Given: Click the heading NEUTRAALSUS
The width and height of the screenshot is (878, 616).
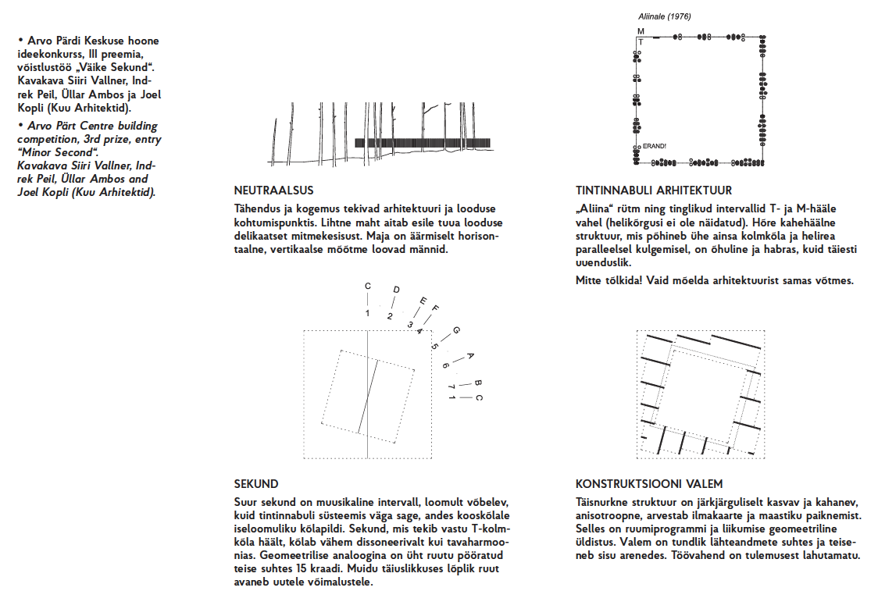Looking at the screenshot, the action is pyautogui.click(x=274, y=190).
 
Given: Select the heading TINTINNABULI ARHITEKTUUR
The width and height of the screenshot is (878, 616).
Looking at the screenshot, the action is pyautogui.click(x=654, y=190).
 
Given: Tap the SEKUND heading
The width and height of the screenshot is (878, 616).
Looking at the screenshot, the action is pyautogui.click(x=256, y=484).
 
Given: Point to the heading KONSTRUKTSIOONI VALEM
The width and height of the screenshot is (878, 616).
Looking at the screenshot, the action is pyautogui.click(x=649, y=484).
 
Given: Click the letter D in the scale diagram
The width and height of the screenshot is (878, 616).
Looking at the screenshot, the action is pyautogui.click(x=397, y=290).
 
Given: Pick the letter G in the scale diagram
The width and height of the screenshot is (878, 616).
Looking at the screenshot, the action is pyautogui.click(x=456, y=331).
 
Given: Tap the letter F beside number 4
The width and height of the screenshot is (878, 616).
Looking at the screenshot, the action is pyautogui.click(x=435, y=308).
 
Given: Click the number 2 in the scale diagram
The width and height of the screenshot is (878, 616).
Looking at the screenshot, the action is pyautogui.click(x=390, y=317).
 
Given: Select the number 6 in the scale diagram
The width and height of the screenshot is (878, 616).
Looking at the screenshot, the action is pyautogui.click(x=446, y=365).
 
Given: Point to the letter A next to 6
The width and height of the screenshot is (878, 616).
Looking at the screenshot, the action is pyautogui.click(x=470, y=355).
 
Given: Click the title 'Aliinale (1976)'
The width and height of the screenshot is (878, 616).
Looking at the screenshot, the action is pyautogui.click(x=665, y=16).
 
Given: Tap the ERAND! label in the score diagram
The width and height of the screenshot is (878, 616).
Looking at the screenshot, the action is pyautogui.click(x=655, y=146).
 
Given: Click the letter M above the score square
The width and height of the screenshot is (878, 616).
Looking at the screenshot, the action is pyautogui.click(x=641, y=31).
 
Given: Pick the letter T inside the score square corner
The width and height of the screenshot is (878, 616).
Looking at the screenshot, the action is pyautogui.click(x=641, y=42).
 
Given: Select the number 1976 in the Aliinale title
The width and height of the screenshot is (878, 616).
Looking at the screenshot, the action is pyautogui.click(x=680, y=16).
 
